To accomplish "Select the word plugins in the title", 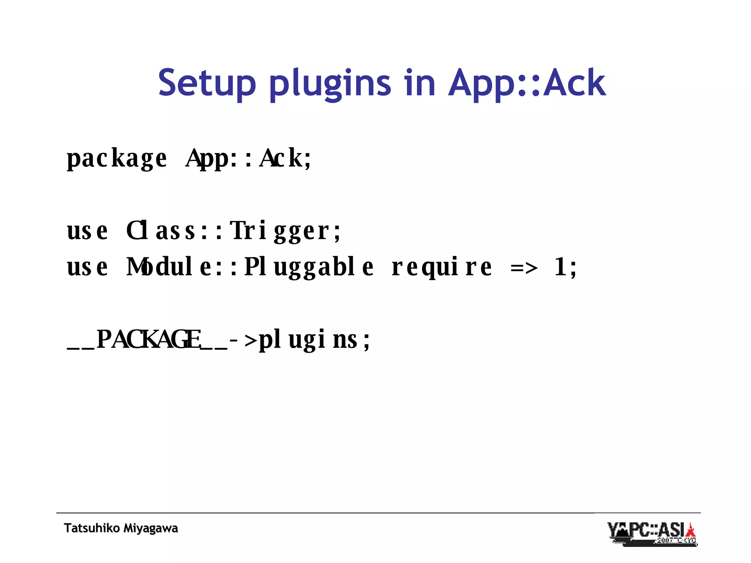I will click(330, 84).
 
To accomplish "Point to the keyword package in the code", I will click(117, 158).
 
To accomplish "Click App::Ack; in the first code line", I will click(249, 158).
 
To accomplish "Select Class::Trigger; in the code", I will click(234, 231).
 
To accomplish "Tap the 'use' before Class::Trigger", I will click(87, 231).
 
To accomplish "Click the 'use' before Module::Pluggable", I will click(87, 267).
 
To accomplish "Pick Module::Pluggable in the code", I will click(250, 267).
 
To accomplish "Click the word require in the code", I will click(442, 267).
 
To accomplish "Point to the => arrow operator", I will click(524, 268).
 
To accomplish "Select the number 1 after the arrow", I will click(560, 267).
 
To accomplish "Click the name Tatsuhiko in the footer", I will click(92, 528).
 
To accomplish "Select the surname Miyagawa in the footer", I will click(151, 528).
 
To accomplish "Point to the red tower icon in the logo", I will click(691, 531).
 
